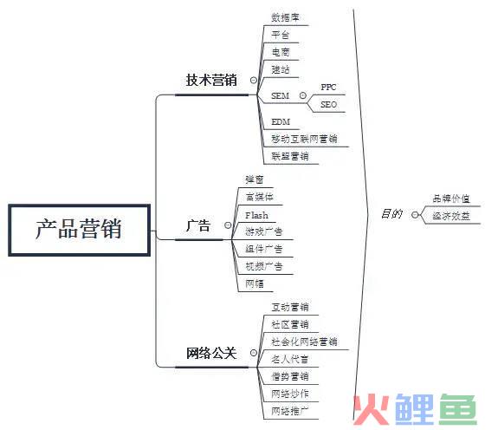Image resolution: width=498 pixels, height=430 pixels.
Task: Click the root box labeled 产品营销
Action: (x=79, y=230)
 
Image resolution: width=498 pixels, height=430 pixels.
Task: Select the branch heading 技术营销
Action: (x=211, y=80)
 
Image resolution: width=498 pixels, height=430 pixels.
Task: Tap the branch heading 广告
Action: (x=198, y=225)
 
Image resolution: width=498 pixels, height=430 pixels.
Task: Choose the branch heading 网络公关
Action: (x=211, y=353)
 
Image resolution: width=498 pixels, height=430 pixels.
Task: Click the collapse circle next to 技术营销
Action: (x=254, y=80)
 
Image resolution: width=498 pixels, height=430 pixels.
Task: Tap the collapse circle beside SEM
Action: (x=303, y=95)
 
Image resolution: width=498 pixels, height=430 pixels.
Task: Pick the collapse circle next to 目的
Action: (x=415, y=215)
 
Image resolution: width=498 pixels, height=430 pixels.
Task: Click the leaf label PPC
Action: (x=328, y=87)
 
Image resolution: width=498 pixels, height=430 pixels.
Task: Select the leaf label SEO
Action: (x=328, y=104)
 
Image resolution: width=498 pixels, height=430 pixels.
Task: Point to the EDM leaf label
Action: (x=281, y=121)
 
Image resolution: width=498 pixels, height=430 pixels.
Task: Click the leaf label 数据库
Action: (x=285, y=17)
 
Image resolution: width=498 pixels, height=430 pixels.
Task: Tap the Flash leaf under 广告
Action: (x=256, y=216)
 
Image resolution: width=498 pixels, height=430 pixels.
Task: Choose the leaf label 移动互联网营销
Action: (x=304, y=139)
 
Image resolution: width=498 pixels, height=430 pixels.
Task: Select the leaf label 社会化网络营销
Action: (x=304, y=342)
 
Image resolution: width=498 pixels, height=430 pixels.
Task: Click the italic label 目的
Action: (x=391, y=214)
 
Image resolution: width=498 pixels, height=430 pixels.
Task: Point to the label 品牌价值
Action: (x=451, y=199)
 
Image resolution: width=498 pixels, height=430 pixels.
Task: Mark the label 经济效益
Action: (x=451, y=216)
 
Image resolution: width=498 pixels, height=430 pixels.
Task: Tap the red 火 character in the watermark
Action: (x=372, y=410)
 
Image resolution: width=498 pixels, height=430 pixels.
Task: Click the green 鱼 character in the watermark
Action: (x=457, y=410)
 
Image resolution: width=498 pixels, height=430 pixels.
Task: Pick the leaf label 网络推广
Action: (x=289, y=411)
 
